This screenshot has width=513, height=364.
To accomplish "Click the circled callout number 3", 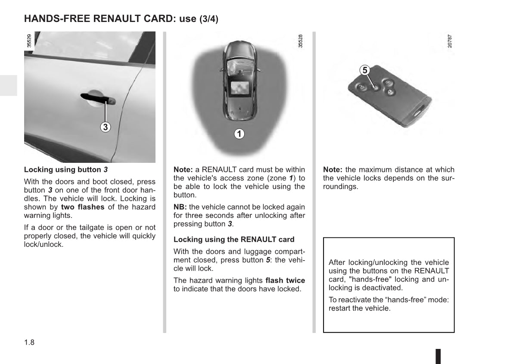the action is [x=106, y=127].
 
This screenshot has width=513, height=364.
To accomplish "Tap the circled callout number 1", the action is [x=239, y=134].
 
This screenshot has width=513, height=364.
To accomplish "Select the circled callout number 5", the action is [x=365, y=70].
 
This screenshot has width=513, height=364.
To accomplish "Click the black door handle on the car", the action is [x=98, y=98].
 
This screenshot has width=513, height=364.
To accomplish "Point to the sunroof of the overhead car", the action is [x=241, y=88].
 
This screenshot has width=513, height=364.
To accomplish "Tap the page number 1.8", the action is [x=29, y=342].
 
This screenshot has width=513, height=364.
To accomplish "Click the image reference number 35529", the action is [x=29, y=41].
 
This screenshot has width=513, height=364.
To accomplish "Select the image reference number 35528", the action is [x=300, y=41].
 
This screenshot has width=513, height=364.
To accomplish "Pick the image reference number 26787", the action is [x=450, y=41].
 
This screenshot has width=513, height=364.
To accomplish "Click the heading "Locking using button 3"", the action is [x=66, y=170].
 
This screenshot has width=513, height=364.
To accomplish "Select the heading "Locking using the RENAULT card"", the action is [x=234, y=239].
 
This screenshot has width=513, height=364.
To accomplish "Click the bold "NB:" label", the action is [x=180, y=207].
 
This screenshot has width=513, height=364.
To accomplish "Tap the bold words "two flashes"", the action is [x=83, y=207].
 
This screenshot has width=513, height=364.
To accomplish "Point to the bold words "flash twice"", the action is [x=285, y=280].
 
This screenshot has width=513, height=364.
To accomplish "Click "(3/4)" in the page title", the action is [x=209, y=19].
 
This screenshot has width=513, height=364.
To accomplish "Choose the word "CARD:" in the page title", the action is [x=160, y=19].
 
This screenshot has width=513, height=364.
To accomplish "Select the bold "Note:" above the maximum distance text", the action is [x=333, y=170].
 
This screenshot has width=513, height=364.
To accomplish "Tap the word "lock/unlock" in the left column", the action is [x=44, y=245].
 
